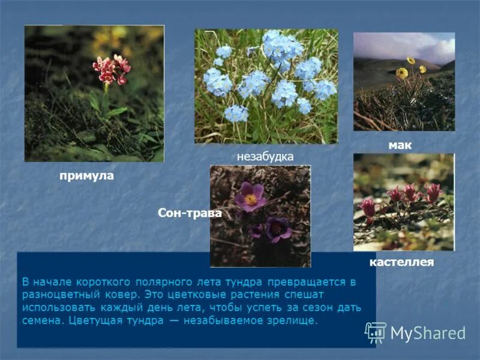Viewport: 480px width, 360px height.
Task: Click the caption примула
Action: pos(86,176)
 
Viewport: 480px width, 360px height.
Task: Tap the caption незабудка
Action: pos(265,157)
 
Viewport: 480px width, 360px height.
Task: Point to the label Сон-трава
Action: pos(190,213)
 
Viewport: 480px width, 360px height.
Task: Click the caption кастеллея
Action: pos(401,262)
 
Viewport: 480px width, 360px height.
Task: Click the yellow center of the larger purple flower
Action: pos(251,200)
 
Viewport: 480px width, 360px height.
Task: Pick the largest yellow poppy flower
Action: pos(402,73)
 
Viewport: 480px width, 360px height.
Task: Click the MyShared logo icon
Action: pos(376,332)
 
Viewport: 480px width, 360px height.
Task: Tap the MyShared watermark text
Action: pos(428,333)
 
